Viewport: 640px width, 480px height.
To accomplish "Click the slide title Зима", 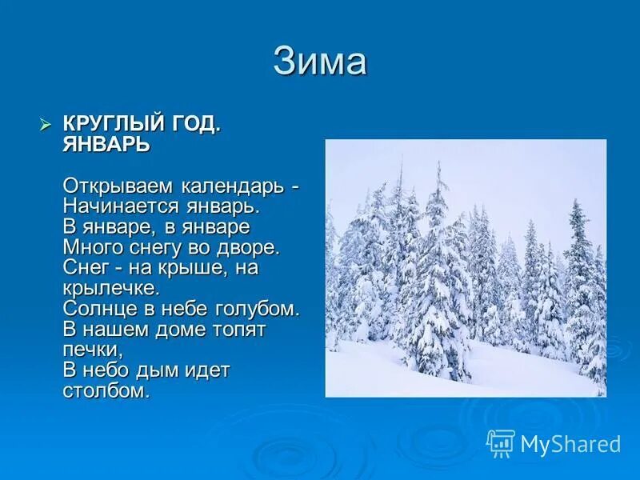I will pyautogui.click(x=320, y=62).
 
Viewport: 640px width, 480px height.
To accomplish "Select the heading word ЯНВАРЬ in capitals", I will pyautogui.click(x=106, y=144).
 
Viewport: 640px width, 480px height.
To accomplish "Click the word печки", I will pyautogui.click(x=91, y=350).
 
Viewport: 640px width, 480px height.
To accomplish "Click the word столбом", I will pyautogui.click(x=106, y=391).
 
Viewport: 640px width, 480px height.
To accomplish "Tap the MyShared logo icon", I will pyautogui.click(x=501, y=443).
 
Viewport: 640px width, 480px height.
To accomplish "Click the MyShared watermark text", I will pyautogui.click(x=570, y=444).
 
